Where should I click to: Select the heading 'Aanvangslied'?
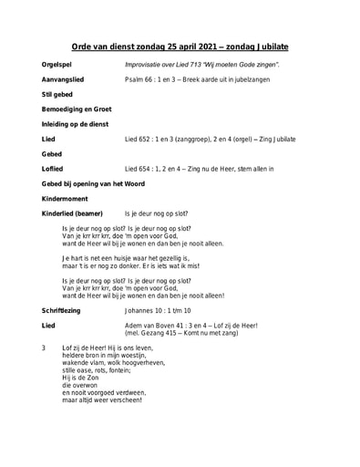(x=63, y=80)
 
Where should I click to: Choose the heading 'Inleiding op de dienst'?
(x=76, y=124)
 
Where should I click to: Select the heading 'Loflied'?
(x=52, y=169)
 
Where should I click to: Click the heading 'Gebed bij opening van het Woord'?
(x=93, y=184)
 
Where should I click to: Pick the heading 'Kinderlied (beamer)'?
(x=72, y=213)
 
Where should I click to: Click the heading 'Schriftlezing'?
(x=61, y=311)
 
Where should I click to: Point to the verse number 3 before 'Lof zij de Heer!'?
(x=44, y=348)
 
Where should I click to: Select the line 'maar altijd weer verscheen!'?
(x=102, y=400)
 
